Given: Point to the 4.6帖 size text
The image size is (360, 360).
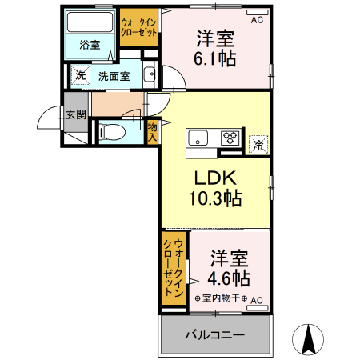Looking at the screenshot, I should click(229, 278).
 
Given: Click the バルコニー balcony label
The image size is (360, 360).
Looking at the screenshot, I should click(214, 334).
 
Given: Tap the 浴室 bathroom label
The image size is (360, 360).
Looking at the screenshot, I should click(90, 45).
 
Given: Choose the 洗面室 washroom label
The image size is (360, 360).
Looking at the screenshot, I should click(114, 76).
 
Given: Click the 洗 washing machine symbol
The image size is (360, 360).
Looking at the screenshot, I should click(81, 75).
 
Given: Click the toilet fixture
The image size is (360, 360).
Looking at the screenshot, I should click(113, 130).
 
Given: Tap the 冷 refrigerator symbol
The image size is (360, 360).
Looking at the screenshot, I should click(258, 144).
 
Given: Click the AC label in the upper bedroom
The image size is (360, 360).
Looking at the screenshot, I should click(257, 21).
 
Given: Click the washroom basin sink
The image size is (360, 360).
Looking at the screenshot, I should click(149, 76).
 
